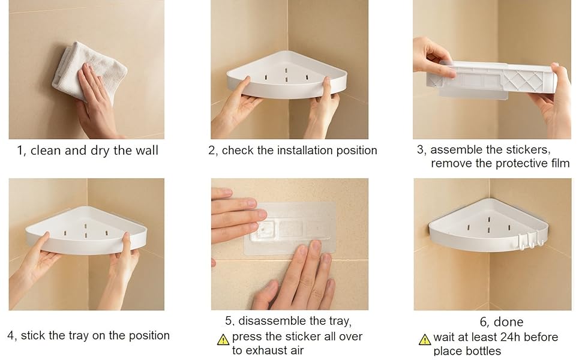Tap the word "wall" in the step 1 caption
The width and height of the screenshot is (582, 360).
click(146, 151)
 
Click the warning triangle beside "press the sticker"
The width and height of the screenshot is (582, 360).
click(223, 340)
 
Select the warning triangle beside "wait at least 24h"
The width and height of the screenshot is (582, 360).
click(425, 340)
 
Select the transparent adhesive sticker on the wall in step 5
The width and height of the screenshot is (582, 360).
click(290, 228)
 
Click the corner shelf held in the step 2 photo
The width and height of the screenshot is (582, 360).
click(287, 76)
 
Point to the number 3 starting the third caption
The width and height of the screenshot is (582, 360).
click(421, 149)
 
